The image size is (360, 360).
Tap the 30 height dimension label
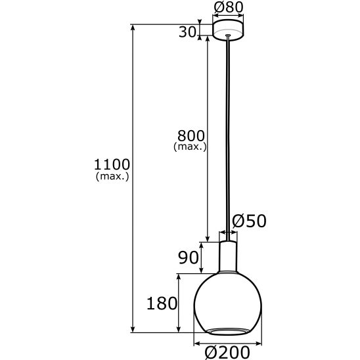[187, 32]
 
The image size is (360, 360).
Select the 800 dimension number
[191, 135]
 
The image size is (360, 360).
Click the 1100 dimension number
[112, 164]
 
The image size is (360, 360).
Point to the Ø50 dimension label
[249, 221]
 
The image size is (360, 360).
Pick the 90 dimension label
[189, 258]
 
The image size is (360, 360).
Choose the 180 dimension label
[162, 304]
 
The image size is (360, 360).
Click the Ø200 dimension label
[227, 352]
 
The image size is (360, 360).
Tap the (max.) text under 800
[190, 146]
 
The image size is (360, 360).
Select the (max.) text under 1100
[112, 176]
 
